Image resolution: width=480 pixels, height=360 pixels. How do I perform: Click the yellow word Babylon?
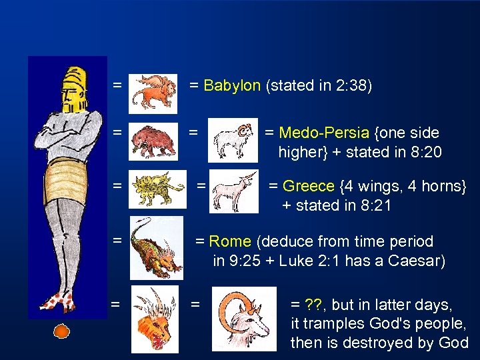point(231,86)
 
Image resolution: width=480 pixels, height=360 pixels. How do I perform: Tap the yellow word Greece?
point(309,185)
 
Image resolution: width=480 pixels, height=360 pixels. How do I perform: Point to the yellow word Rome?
point(231,241)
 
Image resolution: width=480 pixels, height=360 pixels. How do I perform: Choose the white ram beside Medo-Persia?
point(233,141)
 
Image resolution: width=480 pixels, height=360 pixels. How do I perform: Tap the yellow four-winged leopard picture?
point(158,189)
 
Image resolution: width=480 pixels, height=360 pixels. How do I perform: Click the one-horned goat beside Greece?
point(233,191)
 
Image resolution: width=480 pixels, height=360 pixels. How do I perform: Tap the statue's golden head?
point(73,90)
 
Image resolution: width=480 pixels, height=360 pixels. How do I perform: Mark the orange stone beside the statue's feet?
point(61,331)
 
